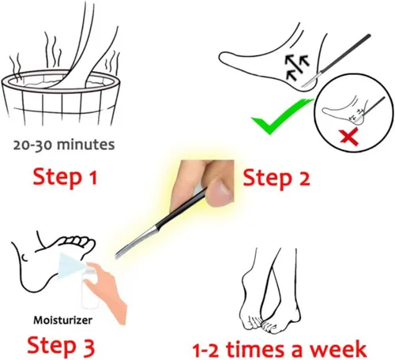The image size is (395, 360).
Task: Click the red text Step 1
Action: pyautogui.click(x=65, y=178)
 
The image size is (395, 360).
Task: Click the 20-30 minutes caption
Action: pyautogui.click(x=64, y=145)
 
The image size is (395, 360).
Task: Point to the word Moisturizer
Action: pyautogui.click(x=63, y=321)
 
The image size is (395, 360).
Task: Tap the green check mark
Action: pyautogui.click(x=282, y=116)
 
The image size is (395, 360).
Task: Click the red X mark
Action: pyautogui.click(x=349, y=137)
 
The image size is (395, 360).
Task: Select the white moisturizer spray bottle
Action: pyautogui.click(x=89, y=287)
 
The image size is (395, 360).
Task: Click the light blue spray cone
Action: pyautogui.click(x=70, y=265)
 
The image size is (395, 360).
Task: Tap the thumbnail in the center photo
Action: pyautogui.click(x=220, y=191)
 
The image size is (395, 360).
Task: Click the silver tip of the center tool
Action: pyautogui.click(x=137, y=242)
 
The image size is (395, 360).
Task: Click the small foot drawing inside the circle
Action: pyautogui.click(x=342, y=112)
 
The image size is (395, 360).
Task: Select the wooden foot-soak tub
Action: pyautogui.click(x=60, y=97)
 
